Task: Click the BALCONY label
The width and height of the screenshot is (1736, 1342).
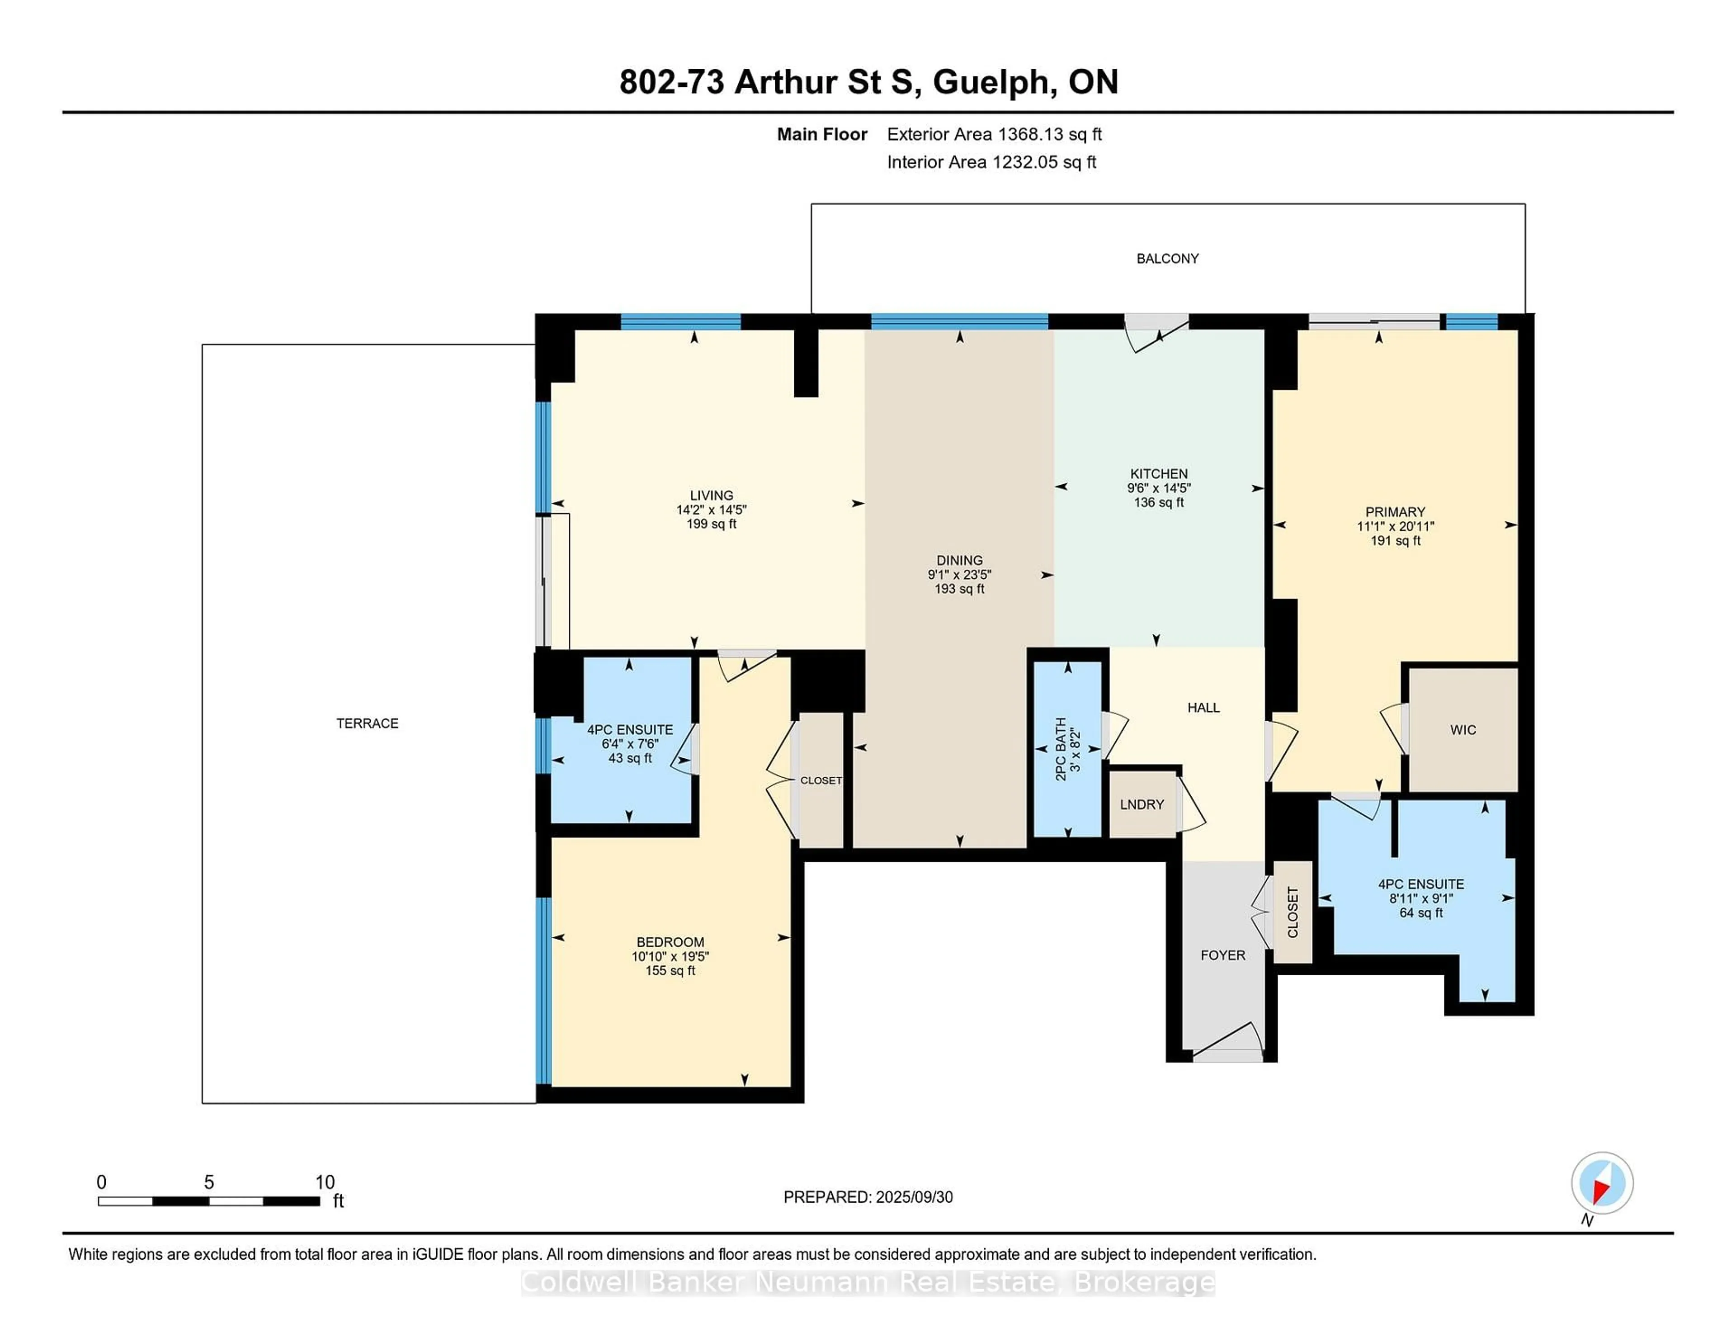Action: tap(1167, 258)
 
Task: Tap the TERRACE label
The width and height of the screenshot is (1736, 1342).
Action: tap(367, 723)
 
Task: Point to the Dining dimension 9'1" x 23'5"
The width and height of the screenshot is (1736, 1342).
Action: tap(959, 574)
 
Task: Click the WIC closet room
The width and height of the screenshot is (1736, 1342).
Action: tap(1462, 729)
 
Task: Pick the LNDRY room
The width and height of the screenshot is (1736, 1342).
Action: tap(1142, 804)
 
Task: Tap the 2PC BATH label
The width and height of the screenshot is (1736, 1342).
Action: tap(1060, 748)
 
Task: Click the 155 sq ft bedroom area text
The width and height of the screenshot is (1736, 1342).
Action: tap(670, 971)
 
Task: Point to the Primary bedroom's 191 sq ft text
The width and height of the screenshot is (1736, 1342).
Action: tap(1395, 541)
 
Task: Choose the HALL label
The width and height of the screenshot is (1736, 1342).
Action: tap(1203, 708)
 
